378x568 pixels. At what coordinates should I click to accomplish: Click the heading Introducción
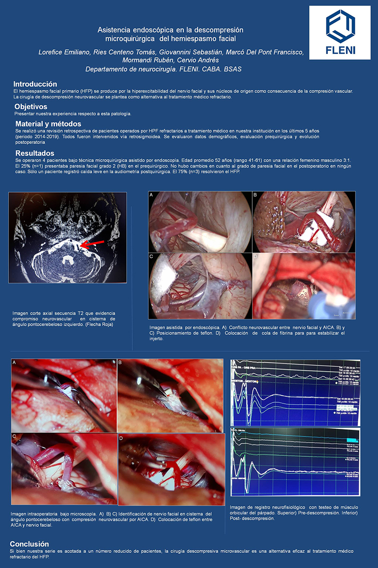pos(35,84)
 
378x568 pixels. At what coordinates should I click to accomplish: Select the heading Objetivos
pos(31,106)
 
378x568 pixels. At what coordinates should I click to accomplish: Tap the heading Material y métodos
pos(48,124)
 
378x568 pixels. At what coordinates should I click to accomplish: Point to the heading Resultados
pos(34,153)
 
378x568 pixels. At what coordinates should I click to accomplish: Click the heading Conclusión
pos(29,544)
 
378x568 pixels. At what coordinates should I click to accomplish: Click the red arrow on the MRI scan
pos(92,244)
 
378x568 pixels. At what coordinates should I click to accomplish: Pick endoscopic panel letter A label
pos(151,195)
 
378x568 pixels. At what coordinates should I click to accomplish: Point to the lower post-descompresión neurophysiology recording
pos(295,461)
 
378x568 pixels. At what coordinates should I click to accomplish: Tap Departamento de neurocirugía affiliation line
pos(163,69)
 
